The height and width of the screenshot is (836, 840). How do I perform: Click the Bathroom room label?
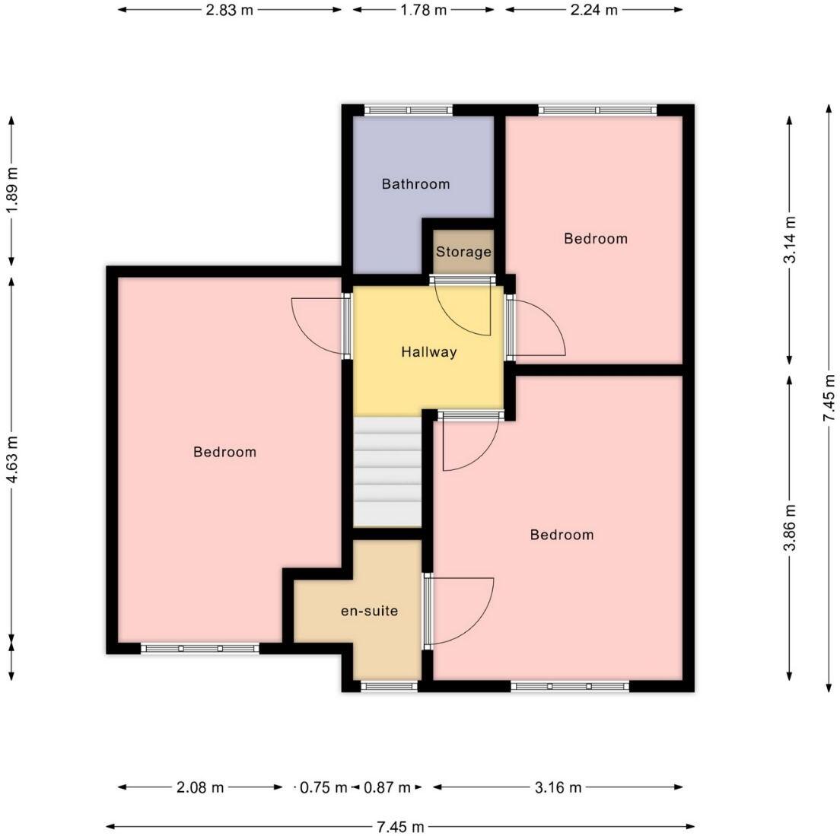[415, 184]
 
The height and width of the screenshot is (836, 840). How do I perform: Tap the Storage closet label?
[463, 252]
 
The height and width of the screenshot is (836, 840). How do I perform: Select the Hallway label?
[428, 352]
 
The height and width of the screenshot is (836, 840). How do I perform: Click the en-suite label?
[369, 611]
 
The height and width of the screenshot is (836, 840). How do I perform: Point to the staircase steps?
[387, 472]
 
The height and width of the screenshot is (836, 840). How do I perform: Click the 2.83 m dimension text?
[229, 10]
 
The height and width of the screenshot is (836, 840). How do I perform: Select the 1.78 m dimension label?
[423, 10]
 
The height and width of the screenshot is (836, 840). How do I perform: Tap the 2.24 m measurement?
[593, 10]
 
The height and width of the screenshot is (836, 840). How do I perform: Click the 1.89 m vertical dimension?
[11, 190]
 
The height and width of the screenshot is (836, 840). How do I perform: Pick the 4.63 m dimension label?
[11, 459]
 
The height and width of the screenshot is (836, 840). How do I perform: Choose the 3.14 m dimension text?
[789, 240]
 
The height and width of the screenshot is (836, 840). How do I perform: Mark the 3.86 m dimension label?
[789, 527]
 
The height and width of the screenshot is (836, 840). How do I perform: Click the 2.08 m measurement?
[200, 787]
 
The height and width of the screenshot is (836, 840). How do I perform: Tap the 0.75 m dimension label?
[323, 787]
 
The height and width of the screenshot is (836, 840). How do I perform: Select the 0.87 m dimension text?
[387, 787]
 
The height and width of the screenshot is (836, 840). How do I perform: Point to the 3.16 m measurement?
[558, 787]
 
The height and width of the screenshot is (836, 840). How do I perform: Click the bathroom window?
[409, 110]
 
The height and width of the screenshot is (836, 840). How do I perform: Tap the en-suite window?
[389, 686]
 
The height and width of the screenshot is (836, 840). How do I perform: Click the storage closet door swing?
[463, 308]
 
